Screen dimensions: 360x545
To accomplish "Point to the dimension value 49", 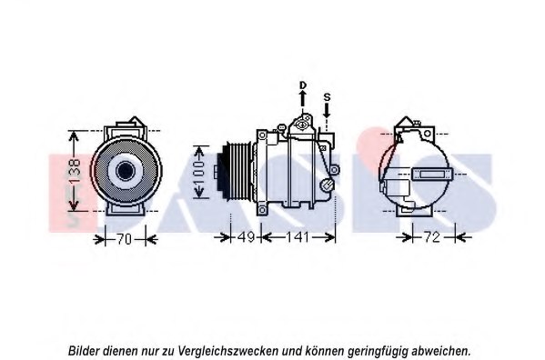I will point(245,238).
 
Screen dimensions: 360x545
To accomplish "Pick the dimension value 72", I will point(432,238).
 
